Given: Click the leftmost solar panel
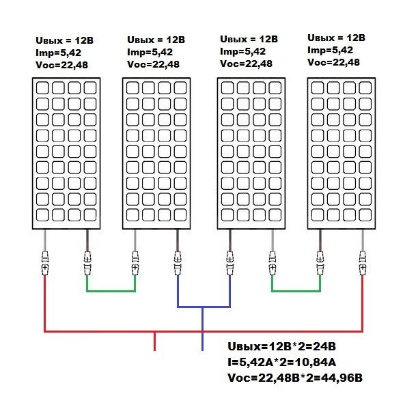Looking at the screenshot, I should (66, 153).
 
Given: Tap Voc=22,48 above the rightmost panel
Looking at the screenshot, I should (334, 62).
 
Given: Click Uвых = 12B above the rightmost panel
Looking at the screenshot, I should (337, 38).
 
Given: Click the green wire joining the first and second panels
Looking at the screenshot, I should (111, 291).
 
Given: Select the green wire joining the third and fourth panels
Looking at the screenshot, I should (296, 291).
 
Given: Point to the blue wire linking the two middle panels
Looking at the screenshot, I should (204, 307).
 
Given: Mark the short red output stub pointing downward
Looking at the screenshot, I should (155, 341).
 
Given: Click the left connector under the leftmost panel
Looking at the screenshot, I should (45, 262).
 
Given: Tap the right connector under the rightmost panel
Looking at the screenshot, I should (362, 262).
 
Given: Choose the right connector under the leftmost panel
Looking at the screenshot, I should (87, 262).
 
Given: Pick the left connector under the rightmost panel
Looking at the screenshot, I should (320, 262).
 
